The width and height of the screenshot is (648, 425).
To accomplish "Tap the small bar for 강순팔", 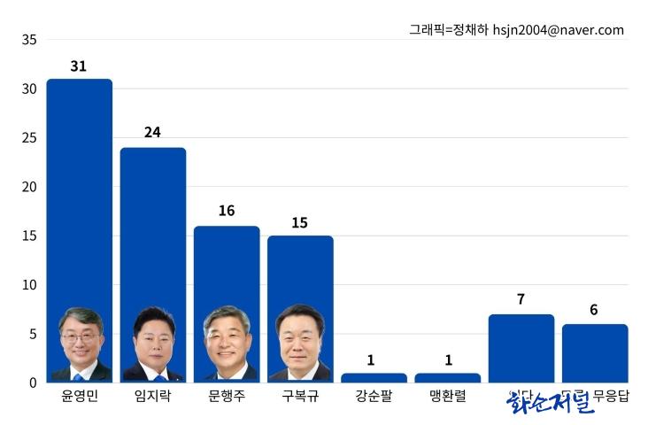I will click(374, 378).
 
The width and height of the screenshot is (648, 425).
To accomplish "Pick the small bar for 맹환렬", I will click(448, 378).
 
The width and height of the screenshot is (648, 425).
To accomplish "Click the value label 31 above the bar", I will click(79, 66).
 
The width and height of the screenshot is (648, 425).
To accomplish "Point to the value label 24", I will click(153, 133).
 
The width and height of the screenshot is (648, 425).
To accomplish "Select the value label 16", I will click(227, 211).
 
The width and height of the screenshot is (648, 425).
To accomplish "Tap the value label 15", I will click(300, 222).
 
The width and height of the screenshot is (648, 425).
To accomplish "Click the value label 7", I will click(521, 299).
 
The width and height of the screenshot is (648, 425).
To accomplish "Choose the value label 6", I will click(594, 310).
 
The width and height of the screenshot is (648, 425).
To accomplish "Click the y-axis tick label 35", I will click(29, 40).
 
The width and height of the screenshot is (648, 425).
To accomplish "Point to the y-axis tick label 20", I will click(29, 187).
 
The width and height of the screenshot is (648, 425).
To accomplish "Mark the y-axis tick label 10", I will click(29, 285).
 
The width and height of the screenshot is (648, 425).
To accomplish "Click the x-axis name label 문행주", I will click(227, 397).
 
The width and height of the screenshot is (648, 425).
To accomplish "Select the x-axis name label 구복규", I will click(300, 397).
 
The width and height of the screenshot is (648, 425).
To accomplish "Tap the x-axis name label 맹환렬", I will click(448, 397).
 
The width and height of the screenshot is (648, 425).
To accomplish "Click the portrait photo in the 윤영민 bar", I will click(81, 345).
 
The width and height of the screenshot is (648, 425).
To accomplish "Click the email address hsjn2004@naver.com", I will click(558, 30).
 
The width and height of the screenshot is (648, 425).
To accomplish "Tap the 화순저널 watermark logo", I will click(550, 403).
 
